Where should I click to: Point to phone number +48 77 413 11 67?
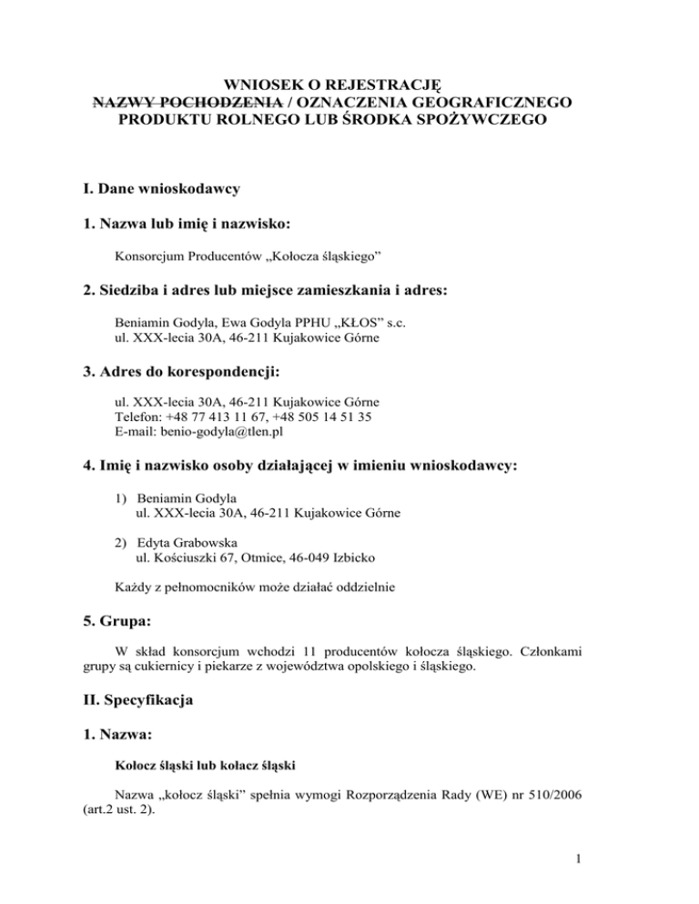[226, 417]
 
